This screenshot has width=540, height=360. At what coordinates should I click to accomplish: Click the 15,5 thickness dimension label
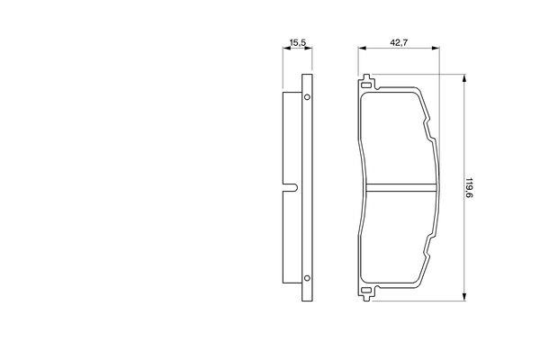(x=298, y=42)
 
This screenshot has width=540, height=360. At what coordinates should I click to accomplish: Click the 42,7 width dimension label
(x=399, y=42)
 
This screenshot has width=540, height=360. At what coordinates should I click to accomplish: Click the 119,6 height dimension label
(x=468, y=188)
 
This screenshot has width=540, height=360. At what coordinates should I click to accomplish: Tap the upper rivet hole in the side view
(x=307, y=97)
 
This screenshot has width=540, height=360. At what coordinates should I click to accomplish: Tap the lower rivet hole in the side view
(x=307, y=278)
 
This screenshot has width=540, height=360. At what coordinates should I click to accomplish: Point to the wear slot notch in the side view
(x=290, y=187)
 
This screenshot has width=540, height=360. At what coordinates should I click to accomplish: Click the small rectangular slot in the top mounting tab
(x=366, y=85)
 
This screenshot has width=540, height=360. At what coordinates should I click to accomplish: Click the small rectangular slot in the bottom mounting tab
(x=366, y=291)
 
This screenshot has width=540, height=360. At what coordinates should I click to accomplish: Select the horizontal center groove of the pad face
(x=400, y=187)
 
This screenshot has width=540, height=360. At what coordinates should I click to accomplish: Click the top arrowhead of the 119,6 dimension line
(x=464, y=78)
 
